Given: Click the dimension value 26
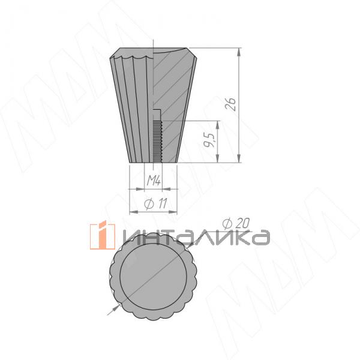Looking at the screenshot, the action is coord(230,104).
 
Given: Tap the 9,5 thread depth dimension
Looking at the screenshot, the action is coord(209,140).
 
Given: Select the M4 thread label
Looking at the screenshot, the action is coord(154,181).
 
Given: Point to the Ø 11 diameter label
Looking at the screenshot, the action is coord(155,203).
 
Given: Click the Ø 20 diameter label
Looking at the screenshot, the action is coord(236,223).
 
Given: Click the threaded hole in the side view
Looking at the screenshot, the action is coord(157,142).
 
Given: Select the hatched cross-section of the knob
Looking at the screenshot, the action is coord(173,103).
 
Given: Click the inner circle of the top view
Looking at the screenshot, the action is coord(154,276).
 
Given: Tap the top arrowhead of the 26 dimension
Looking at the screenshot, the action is coord(239,52).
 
